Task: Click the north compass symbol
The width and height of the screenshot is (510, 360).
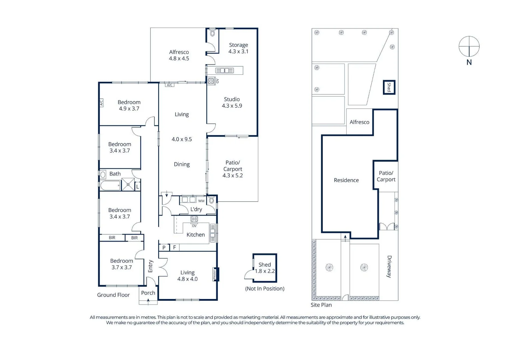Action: tap(469, 47)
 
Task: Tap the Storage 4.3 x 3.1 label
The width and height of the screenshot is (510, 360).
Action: tap(238, 48)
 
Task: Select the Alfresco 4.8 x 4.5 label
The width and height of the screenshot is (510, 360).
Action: tap(179, 55)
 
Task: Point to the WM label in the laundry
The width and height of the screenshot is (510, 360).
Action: tap(201, 201)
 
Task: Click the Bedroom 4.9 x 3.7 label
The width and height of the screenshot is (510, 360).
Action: tap(129, 105)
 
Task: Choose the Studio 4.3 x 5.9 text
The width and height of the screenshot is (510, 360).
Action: tap(232, 102)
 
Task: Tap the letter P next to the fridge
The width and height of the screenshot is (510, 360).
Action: tap(164, 248)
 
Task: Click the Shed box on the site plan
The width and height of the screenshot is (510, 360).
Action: tap(389, 87)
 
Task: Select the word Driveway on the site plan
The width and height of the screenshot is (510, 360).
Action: tap(389, 266)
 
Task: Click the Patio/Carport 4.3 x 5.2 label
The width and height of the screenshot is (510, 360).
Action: tap(232, 169)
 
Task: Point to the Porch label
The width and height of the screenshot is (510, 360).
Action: tap(148, 293)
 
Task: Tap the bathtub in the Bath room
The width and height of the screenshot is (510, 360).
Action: tap(110, 185)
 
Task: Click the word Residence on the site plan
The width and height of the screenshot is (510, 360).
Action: tap(346, 180)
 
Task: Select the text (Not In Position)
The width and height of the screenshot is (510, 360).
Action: tap(265, 288)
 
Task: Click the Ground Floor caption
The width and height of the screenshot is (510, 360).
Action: tap(113, 295)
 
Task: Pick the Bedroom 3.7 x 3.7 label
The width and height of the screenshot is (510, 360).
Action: tap(121, 264)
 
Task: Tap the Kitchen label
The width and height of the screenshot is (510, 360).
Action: tap(195, 235)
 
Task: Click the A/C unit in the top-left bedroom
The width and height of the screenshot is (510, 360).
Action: tap(101, 103)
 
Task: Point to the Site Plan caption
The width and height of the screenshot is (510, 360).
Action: tap(321, 305)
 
